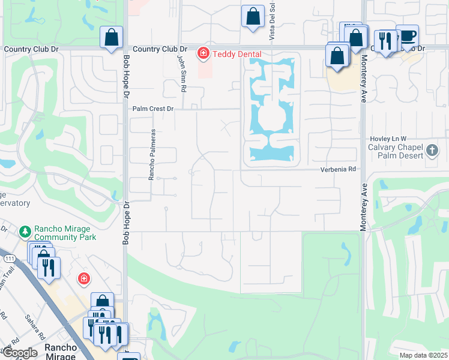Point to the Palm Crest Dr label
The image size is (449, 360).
coord(153,109)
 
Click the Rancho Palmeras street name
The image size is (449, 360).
coord(152,154)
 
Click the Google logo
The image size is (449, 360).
coord(20,353)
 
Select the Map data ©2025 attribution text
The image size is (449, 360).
coord(423,355)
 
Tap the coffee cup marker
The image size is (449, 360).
coord(408,36)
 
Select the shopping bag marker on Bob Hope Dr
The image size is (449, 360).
coord(111,37)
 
